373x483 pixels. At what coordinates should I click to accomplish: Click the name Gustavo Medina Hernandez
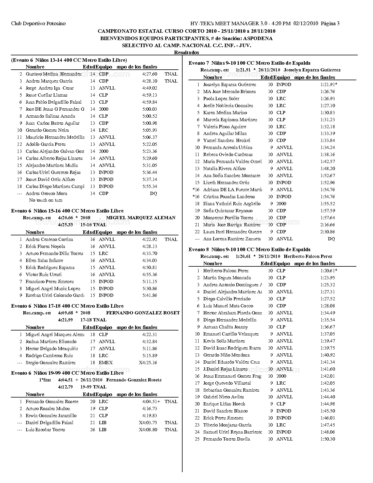click(53, 74)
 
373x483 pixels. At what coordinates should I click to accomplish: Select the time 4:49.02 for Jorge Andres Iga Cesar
click(149, 88)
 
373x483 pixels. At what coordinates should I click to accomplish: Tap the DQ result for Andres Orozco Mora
click(153, 193)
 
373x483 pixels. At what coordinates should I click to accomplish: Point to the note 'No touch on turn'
click(46, 200)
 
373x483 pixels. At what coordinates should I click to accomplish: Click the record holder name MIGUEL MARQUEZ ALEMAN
click(141, 218)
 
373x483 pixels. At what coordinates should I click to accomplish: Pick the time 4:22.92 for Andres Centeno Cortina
click(149, 239)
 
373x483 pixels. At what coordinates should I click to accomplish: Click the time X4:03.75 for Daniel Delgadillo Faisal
click(148, 423)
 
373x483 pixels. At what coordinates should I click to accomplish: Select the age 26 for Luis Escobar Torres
click(92, 430)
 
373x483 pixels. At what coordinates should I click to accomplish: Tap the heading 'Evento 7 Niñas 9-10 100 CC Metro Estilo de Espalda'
click(249, 63)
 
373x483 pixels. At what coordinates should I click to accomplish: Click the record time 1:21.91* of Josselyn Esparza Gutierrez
click(329, 85)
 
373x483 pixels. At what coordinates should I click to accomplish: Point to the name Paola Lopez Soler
click(221, 99)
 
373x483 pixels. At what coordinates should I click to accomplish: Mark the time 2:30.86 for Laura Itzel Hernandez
click(327, 232)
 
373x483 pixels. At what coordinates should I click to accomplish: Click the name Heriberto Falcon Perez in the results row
click(226, 271)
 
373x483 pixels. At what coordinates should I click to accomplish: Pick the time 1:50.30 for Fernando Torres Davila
click(327, 439)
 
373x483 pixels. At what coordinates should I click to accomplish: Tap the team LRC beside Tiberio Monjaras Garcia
click(281, 425)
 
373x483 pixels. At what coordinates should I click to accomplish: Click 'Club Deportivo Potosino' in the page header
click(38, 23)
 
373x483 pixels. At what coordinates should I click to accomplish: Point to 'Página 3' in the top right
click(330, 23)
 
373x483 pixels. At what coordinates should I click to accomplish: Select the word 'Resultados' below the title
click(186, 52)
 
